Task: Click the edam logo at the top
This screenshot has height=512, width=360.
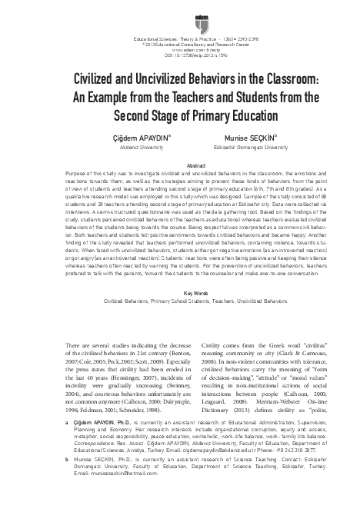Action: pos(181,15)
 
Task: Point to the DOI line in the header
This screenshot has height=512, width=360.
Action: pos(180,54)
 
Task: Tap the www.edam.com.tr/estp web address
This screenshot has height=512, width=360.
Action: pos(180,48)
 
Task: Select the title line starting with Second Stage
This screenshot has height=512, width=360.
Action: pos(180,115)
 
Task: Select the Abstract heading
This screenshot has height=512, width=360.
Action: pos(180,165)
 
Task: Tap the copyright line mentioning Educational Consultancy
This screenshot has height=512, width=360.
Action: pos(180,43)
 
